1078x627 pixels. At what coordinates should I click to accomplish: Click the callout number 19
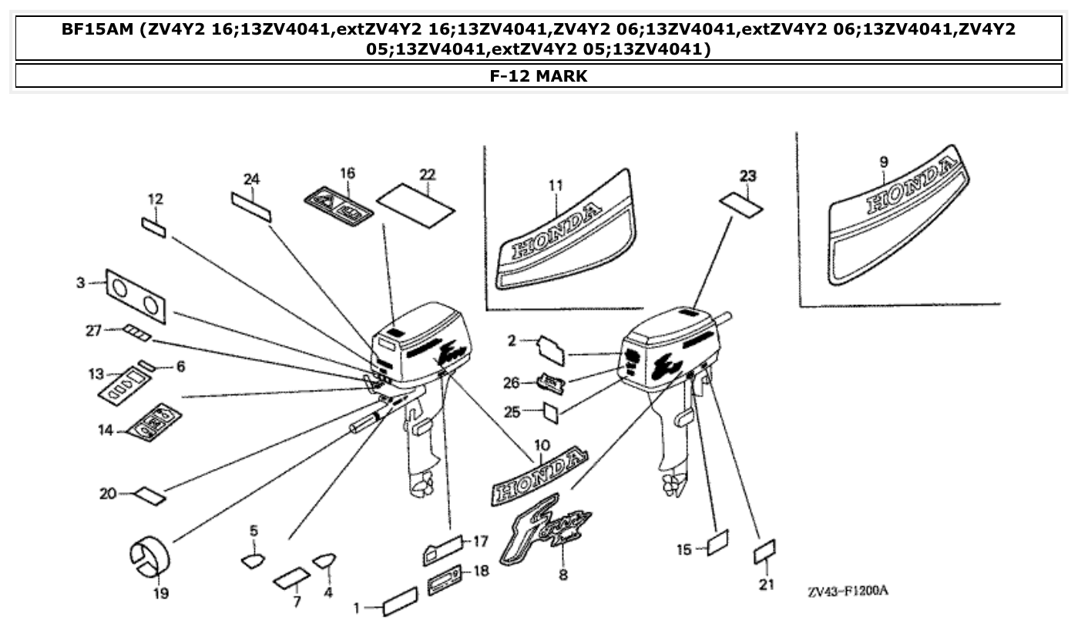[161, 593]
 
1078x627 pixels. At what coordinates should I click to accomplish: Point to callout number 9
[883, 162]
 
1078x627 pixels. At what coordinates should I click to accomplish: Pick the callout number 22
[428, 175]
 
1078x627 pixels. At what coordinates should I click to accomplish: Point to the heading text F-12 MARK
[538, 75]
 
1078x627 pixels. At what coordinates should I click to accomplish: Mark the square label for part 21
[764, 552]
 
